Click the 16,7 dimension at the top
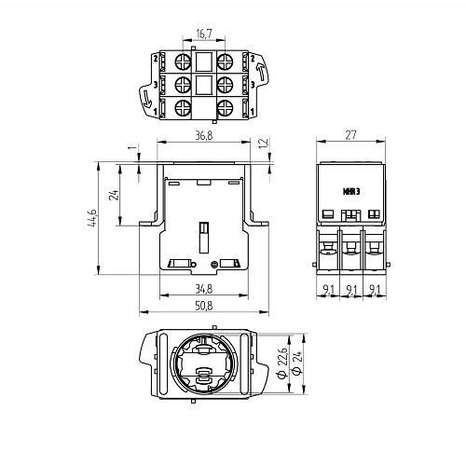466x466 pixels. pos(204,34)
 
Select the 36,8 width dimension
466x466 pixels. pos(204,135)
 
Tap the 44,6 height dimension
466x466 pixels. pos(93,218)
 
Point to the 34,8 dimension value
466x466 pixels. pos(204,289)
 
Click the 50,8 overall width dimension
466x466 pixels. pos(204,306)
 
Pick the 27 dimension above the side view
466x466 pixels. pos(350,135)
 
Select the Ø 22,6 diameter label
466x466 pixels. pos(282,363)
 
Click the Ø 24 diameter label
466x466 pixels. pos(297,363)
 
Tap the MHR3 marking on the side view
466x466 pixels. pos(351,191)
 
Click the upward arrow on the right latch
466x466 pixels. pos(260,71)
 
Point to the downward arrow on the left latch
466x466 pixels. pos(146,98)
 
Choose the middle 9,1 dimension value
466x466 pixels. pos(351,290)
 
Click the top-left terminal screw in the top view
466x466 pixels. pos(183,62)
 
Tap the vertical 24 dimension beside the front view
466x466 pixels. pos(115,195)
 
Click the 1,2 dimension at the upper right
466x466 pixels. pos(264,144)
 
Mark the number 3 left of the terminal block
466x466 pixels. pos(156,85)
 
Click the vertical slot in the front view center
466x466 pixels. pos(203,237)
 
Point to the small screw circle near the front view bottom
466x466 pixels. pos(213,265)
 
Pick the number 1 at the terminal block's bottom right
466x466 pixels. pos(253,111)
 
